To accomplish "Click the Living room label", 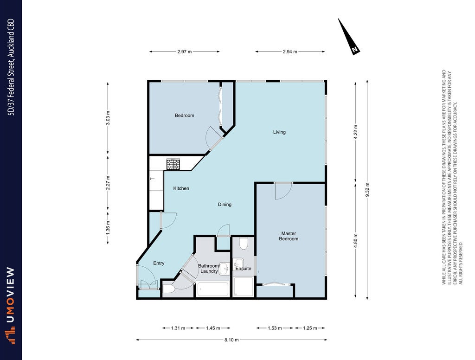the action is (x=279, y=132).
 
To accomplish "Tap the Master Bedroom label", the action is (x=289, y=236).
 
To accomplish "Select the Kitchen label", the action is (x=181, y=188).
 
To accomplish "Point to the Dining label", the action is (x=225, y=205).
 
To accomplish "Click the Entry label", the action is (x=159, y=263).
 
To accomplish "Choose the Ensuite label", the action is (x=243, y=269).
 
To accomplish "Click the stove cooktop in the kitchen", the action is (x=173, y=165).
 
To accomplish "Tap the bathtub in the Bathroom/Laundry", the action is (x=212, y=289).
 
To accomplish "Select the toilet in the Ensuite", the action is (x=244, y=244).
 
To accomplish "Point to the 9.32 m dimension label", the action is (x=367, y=190).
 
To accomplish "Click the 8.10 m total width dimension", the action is (x=231, y=340).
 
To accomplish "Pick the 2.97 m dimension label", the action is (x=185, y=52).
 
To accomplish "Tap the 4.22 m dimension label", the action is (x=356, y=131).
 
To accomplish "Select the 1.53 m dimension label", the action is (x=275, y=328).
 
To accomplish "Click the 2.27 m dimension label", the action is (x=108, y=183).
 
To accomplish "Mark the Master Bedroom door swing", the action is (x=283, y=192).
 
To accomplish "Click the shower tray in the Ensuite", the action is (x=243, y=286).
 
